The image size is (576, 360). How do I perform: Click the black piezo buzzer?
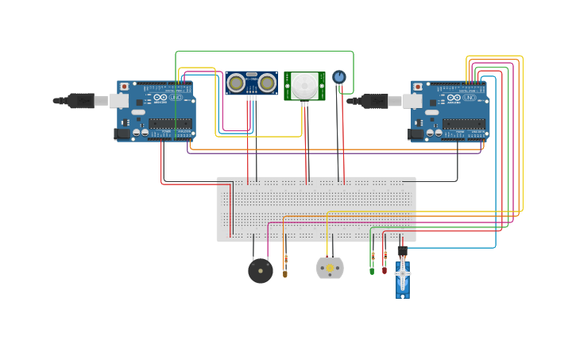tap(261, 271)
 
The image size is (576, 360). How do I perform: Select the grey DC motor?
tap(330, 268)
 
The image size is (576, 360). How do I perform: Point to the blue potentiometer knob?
tap(339, 77)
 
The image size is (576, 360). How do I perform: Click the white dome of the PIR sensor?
tap(303, 87)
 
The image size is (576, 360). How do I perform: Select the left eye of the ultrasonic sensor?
tap(236, 83)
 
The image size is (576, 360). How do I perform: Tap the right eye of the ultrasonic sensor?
tap(268, 83)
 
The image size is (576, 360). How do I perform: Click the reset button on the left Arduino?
tap(124, 87)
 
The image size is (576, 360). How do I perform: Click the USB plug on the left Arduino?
tap(80, 101)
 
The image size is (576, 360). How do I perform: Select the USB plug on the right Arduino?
tap(374, 101)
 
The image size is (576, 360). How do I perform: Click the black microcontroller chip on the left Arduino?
tap(172, 124)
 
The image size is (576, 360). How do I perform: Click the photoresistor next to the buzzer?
tap(286, 265)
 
